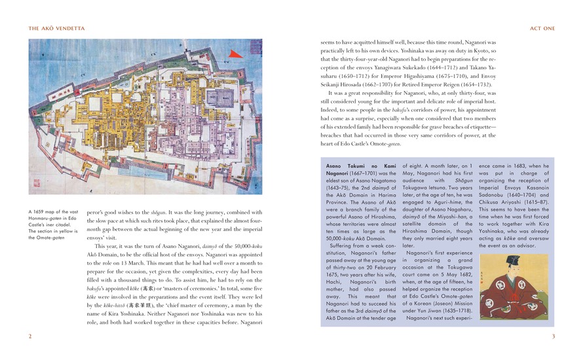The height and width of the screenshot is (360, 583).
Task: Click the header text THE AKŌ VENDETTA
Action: (54, 28)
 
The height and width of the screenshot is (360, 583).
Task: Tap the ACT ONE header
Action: (541, 28)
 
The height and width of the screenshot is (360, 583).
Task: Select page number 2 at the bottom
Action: (29, 336)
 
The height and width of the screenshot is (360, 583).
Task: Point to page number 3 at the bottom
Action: (553, 336)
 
